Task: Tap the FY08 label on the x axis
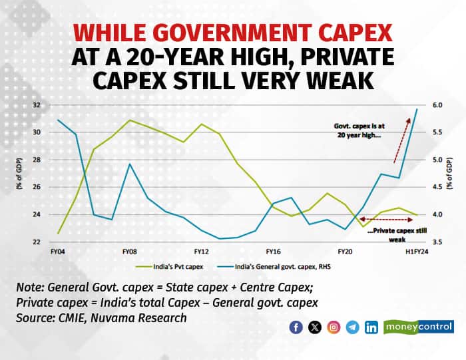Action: pyautogui.click(x=129, y=253)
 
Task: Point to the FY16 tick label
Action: pyautogui.click(x=274, y=253)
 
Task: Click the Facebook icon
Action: pyautogui.click(x=296, y=327)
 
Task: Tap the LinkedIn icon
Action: pyautogui.click(x=371, y=327)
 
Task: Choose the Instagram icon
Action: pyautogui.click(x=334, y=327)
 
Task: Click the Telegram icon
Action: pyautogui.click(x=352, y=327)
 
